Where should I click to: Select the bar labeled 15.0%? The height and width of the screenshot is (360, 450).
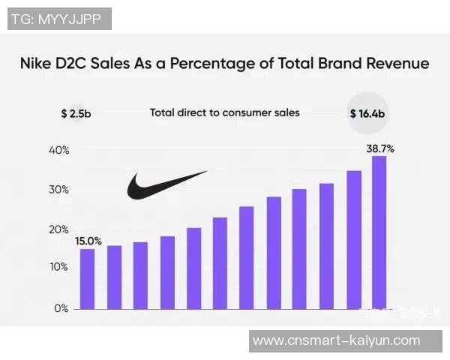pyautogui.click(x=88, y=278)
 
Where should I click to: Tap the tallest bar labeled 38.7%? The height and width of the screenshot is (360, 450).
pyautogui.click(x=379, y=232)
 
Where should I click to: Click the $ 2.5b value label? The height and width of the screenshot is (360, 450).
pyautogui.click(x=76, y=114)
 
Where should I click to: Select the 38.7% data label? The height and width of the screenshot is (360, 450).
pyautogui.click(x=380, y=148)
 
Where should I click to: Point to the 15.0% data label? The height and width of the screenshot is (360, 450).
pyautogui.click(x=88, y=241)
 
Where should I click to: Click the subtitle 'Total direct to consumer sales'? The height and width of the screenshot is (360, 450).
pyautogui.click(x=224, y=112)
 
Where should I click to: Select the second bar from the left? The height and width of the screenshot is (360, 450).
pyautogui.click(x=114, y=277)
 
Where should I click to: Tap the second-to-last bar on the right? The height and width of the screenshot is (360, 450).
pyautogui.click(x=353, y=240)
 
